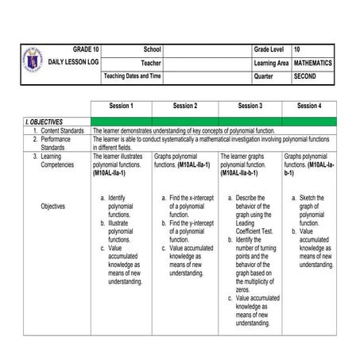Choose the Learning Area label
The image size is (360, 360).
click(271, 62)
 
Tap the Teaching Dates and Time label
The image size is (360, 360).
click(133, 75)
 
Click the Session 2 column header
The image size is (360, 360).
click(185, 106)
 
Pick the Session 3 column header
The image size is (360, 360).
click(250, 106)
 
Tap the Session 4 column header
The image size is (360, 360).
click(309, 106)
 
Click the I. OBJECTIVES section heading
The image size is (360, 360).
click(45, 121)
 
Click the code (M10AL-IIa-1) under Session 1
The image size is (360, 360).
click(114, 172)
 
